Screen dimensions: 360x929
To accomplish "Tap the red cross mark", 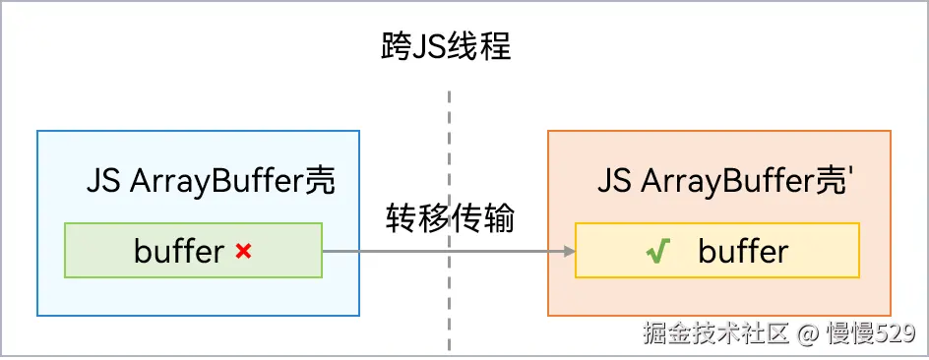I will [244, 252].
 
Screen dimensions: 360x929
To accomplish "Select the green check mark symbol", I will [657, 252].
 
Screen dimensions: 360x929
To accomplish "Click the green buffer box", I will [193, 250].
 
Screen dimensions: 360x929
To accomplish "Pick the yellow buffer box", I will [716, 250].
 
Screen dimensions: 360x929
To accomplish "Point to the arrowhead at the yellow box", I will [569, 251].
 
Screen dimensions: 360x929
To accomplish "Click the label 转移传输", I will [449, 219].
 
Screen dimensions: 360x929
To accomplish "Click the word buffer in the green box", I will [179, 252].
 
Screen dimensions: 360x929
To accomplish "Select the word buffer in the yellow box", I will [743, 252].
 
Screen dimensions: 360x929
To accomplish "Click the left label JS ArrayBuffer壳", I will [211, 181].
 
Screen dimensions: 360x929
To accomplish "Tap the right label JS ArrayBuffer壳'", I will [724, 181].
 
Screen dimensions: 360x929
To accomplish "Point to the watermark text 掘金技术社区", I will [716, 333].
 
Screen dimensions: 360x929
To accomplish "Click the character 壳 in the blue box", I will [320, 181].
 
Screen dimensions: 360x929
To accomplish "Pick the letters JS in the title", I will [426, 47].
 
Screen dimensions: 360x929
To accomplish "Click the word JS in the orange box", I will [615, 181].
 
